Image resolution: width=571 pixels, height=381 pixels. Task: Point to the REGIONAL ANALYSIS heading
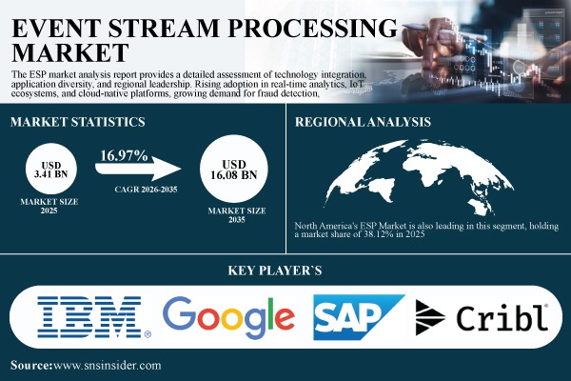click(369, 122)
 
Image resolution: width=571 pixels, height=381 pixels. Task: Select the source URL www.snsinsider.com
click(106, 365)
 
